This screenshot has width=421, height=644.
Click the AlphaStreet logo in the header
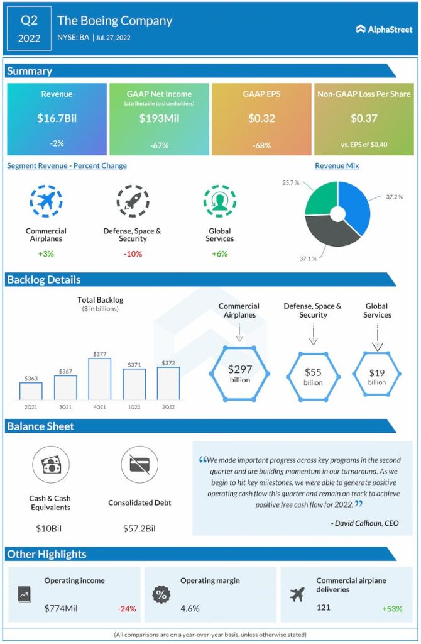pos(383,28)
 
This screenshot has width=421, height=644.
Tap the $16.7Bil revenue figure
pos(57,118)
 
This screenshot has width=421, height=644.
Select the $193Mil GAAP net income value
pos(159,118)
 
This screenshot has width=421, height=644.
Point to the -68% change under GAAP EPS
pos(261,145)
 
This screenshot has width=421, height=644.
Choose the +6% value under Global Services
pos(219,254)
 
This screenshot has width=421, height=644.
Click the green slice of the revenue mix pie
pos(321,201)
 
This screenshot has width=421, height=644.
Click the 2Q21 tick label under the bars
pos(31,406)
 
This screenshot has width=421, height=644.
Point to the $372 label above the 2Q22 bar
pos(168,363)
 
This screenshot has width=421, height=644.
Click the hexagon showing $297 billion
pos(239,374)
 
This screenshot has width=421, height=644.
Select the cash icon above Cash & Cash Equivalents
pos(50,465)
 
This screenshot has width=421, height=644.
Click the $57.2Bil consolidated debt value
pos(139,528)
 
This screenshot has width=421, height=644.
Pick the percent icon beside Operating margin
pos(161,594)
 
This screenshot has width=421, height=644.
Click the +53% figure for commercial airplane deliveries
pos(391,608)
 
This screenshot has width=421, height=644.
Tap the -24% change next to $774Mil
pos(126,608)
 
